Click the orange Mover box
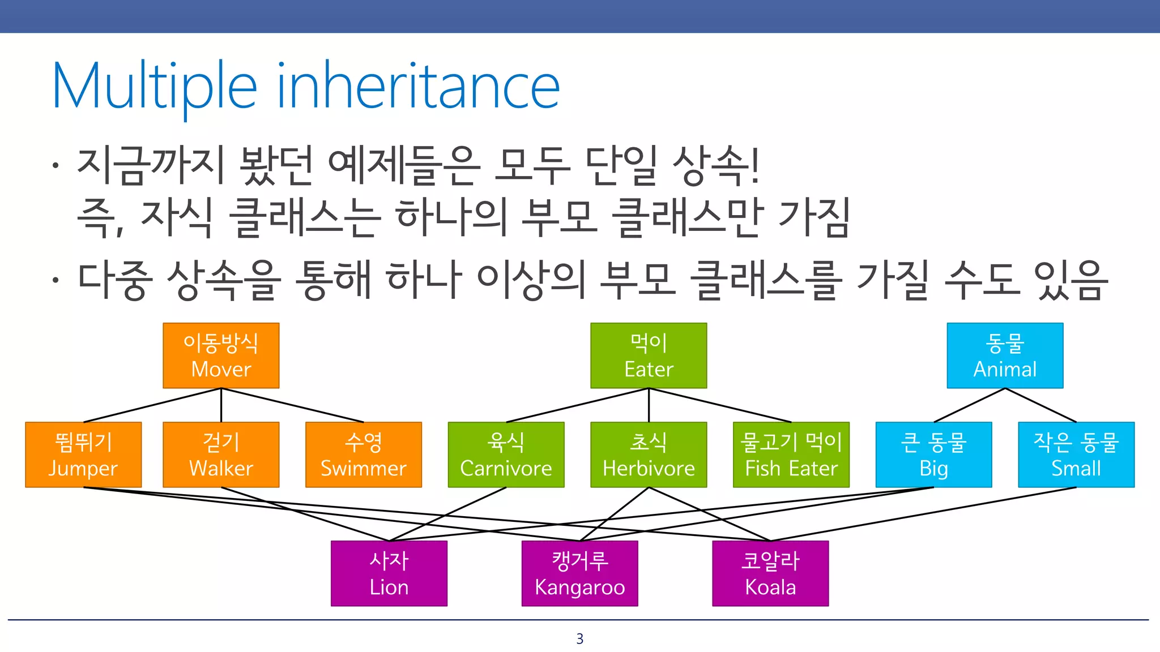coord(221,355)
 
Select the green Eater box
coord(649,355)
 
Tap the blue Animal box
coord(1005,355)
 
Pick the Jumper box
coord(83,454)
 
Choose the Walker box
coord(221,454)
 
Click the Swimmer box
coord(364,454)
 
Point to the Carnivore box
coord(506,454)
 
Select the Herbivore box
coord(649,454)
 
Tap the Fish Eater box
coord(791,454)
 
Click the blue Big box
coord(933,454)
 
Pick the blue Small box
coord(1076,454)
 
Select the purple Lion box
coord(389,573)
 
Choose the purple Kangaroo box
coord(579,573)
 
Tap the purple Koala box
coord(770,573)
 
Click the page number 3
coord(579,639)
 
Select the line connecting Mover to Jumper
coord(152,405)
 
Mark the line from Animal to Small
coord(1040,405)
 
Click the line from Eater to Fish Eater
coord(720,405)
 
